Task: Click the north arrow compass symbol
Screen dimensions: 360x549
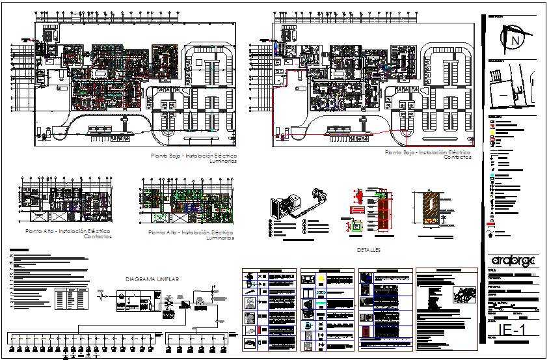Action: [515, 40]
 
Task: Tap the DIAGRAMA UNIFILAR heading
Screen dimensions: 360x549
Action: [152, 279]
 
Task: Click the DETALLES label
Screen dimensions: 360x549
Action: [368, 249]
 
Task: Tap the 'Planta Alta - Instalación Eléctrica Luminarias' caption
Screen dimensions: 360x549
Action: [192, 234]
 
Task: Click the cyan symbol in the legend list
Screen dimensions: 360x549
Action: [492, 176]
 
